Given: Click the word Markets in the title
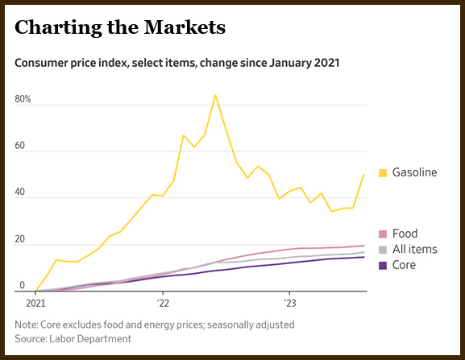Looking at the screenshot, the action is [185, 27].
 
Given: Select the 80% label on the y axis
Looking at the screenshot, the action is [23, 99].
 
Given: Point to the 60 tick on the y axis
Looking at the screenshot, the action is [20, 146].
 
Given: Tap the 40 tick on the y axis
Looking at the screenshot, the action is [20, 192].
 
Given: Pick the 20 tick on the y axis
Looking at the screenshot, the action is [20, 239].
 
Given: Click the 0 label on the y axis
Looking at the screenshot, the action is [23, 285].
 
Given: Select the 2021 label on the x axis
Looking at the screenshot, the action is [35, 304].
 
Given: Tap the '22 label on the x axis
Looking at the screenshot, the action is [163, 304].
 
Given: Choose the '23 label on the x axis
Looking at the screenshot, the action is [290, 304].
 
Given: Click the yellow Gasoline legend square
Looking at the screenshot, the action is [383, 172].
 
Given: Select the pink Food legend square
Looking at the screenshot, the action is [383, 234].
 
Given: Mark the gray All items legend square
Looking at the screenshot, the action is [383, 250].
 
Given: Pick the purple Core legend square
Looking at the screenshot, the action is [383, 266].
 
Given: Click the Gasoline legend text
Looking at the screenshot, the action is [414, 172].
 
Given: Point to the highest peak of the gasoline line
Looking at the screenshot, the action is [215, 95].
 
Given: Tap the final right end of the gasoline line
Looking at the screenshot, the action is [364, 175].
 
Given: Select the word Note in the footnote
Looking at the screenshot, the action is [26, 325].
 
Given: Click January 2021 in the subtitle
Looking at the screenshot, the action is [305, 63].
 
